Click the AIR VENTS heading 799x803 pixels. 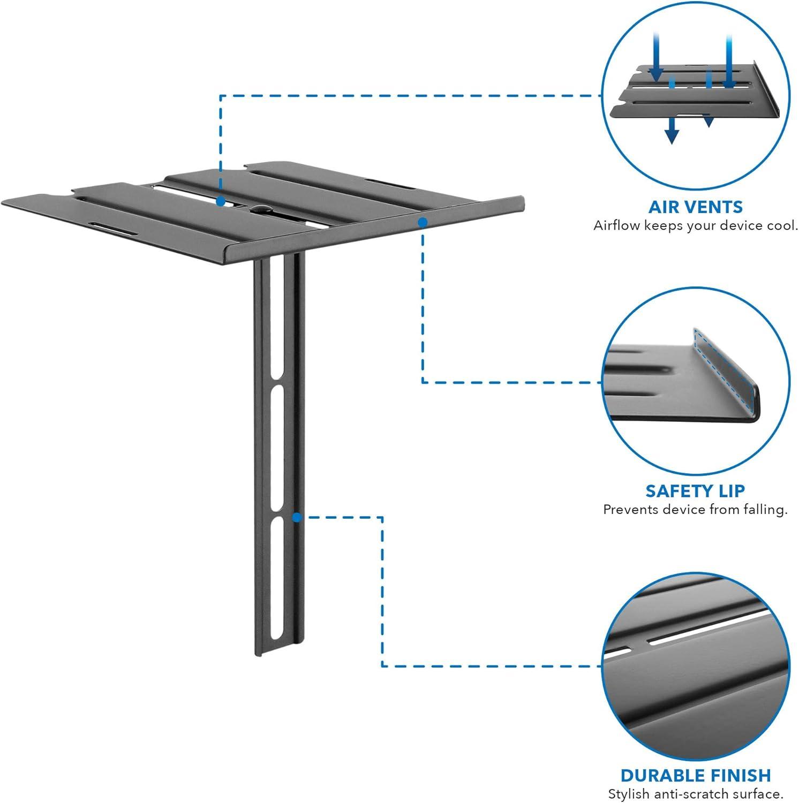pyautogui.click(x=695, y=207)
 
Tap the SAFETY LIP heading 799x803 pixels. pyautogui.click(x=695, y=490)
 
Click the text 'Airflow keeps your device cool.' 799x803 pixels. pyautogui.click(x=695, y=225)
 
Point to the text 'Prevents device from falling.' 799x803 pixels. pyautogui.click(x=695, y=509)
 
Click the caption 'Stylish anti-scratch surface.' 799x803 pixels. pyautogui.click(x=695, y=793)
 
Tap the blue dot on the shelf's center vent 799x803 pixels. pyautogui.click(x=220, y=202)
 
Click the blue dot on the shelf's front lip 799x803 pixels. pyautogui.click(x=423, y=222)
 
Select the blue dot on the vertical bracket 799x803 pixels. pyautogui.click(x=297, y=517)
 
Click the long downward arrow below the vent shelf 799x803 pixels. pyautogui.click(x=672, y=131)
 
